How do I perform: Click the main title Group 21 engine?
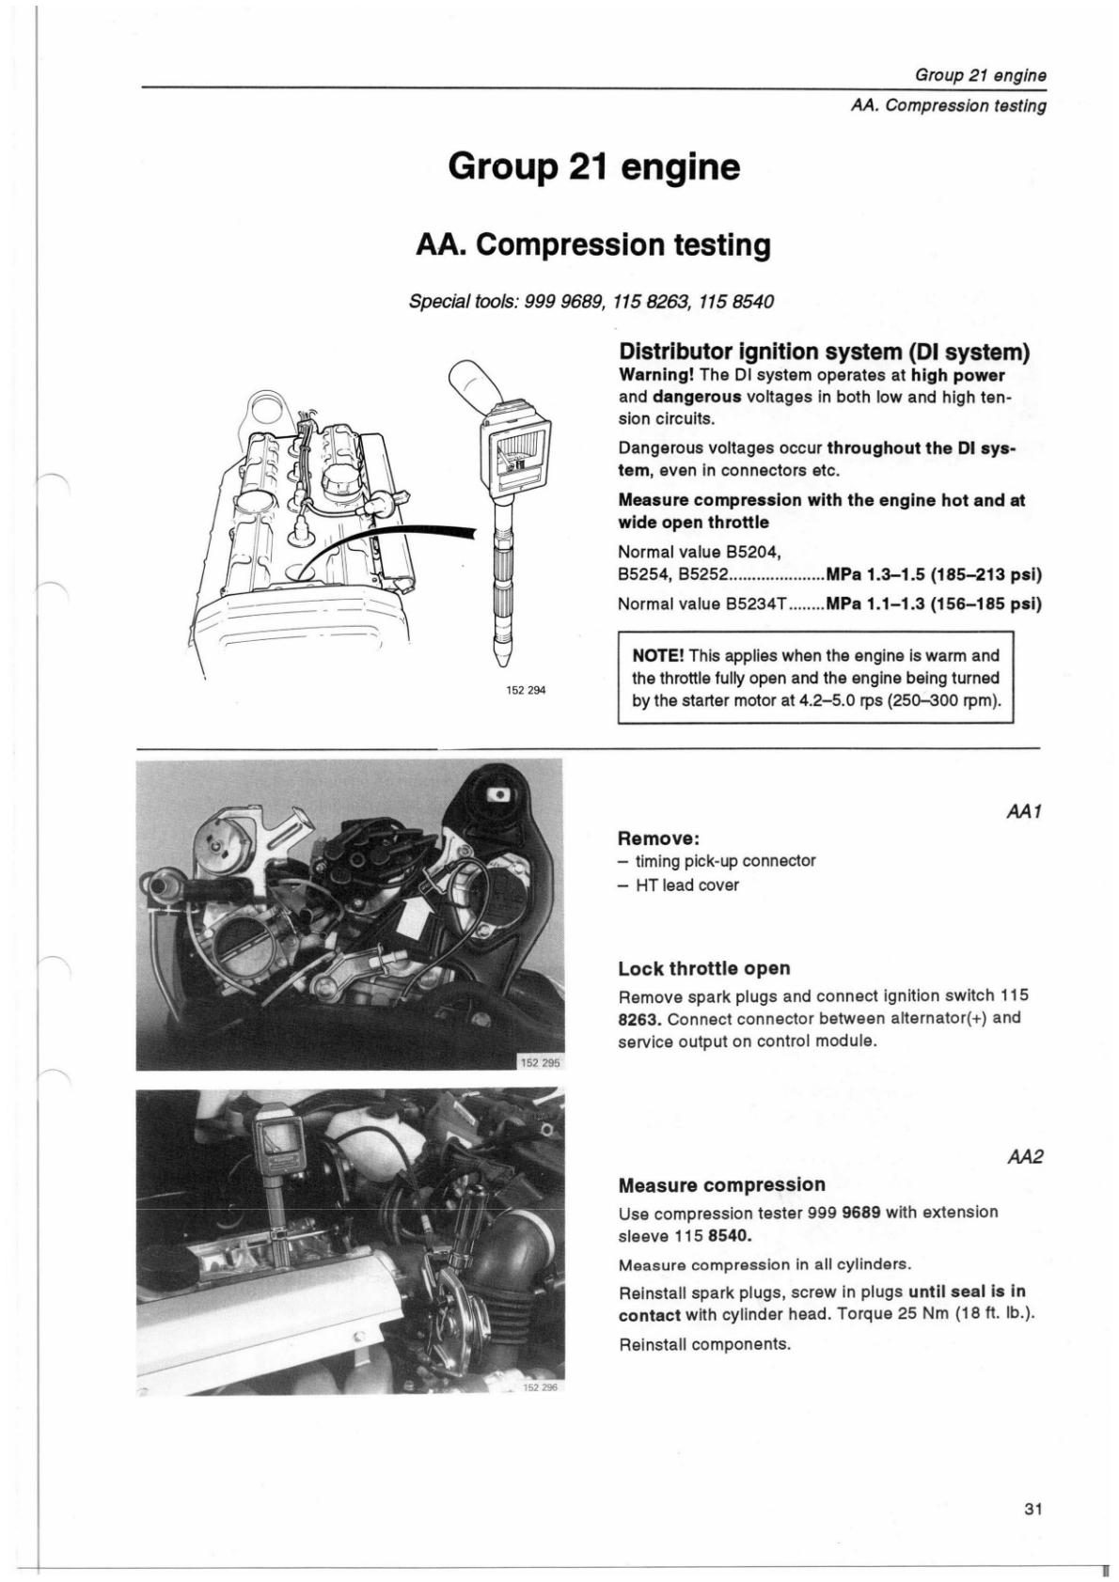coord(593,167)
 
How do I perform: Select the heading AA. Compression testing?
coord(593,245)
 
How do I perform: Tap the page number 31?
coord(1032,1511)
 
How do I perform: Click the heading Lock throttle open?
coord(703,968)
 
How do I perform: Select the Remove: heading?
coord(659,838)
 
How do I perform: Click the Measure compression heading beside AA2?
coord(721,1184)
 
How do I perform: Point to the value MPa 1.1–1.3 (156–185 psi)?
coord(934,603)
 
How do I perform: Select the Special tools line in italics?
coord(591,302)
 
